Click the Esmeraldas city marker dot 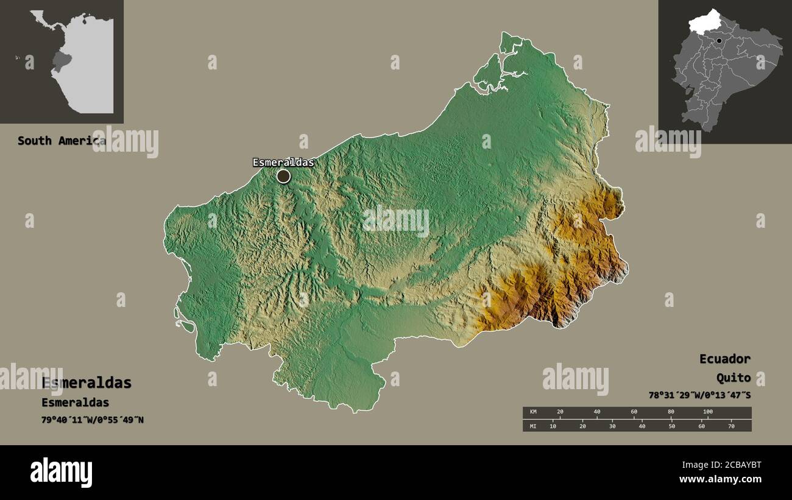[283, 176]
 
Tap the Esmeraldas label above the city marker [283, 162]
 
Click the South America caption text [61, 141]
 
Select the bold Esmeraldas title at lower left [87, 382]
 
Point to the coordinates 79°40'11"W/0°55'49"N [93, 420]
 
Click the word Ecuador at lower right [724, 359]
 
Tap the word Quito [733, 378]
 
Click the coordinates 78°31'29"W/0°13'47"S [699, 395]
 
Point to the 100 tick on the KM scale [707, 412]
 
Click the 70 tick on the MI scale [731, 426]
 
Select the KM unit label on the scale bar [533, 412]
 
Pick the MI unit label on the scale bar [533, 426]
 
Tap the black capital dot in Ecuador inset [720, 41]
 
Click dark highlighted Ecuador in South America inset [60, 62]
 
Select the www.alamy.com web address [721, 479]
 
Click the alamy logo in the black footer [62, 473]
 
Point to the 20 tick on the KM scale [560, 412]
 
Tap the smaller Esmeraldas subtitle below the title [75, 403]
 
